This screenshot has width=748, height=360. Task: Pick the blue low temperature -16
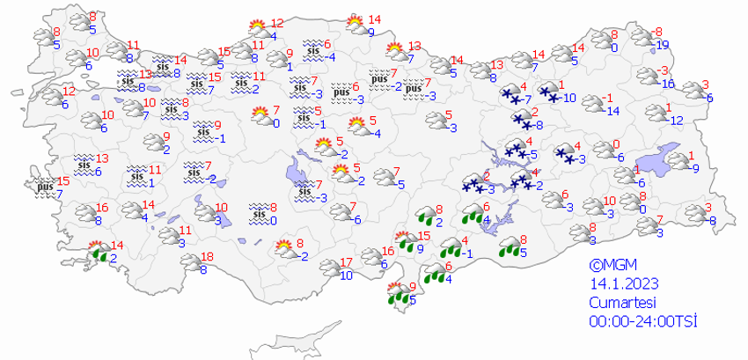tap(667, 84)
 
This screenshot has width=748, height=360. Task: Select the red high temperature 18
tap(207, 257)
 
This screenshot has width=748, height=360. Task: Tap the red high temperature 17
tap(346, 262)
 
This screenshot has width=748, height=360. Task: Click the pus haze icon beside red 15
tap(45, 187)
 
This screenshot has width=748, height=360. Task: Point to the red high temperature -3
tap(666, 70)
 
